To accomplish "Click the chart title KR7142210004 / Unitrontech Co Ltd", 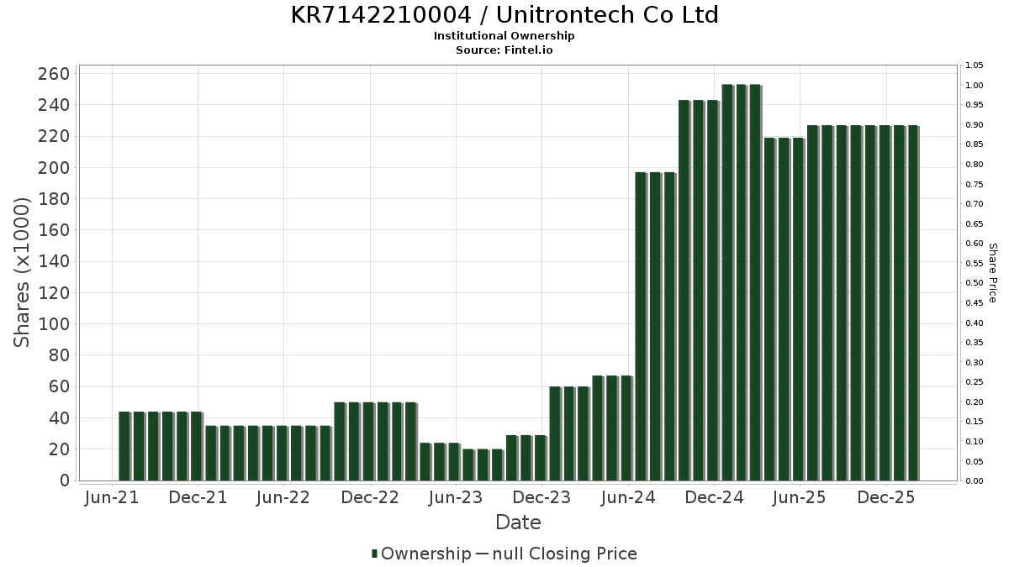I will coord(504,15).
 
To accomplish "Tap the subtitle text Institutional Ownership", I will coord(504,36).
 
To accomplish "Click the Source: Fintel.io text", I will coord(504,50).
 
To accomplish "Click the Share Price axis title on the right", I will coord(992,273).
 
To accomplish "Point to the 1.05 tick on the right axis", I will coord(975,66).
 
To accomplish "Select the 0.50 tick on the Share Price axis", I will coord(975,283).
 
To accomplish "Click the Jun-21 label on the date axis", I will coord(112,498).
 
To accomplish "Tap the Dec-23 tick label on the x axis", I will coord(542,498).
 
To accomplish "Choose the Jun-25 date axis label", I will coord(799,498).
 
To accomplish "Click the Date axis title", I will coord(518,522).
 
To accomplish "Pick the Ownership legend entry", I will coord(422,554).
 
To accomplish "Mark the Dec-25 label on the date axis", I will coord(885,498).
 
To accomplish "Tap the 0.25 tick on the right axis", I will coord(975,382).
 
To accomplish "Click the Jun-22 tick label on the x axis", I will coord(283,498).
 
